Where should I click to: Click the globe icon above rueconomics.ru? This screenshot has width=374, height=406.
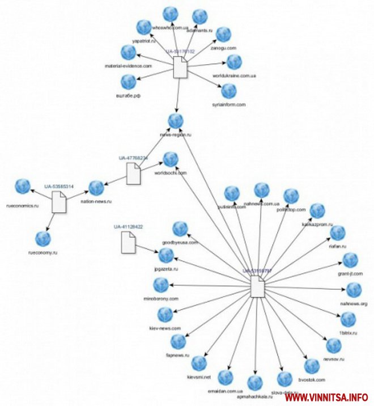click(23, 186)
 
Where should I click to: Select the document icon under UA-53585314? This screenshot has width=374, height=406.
click(59, 201)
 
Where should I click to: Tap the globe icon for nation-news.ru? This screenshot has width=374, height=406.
click(96, 187)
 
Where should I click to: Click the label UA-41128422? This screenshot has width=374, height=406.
click(127, 227)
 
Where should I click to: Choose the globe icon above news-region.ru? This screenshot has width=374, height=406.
click(176, 121)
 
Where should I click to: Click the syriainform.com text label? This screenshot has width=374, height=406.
click(229, 105)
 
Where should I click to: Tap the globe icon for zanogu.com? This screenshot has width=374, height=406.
click(224, 35)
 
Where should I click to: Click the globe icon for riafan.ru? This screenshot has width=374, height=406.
click(338, 233)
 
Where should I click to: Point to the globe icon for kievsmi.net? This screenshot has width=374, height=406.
click(199, 363)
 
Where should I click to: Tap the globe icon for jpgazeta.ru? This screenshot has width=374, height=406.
click(166, 256)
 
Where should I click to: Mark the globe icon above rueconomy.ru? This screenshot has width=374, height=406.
click(43, 239)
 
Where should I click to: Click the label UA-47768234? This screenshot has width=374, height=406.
click(133, 158)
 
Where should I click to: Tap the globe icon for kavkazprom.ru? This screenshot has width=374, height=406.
click(317, 210)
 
